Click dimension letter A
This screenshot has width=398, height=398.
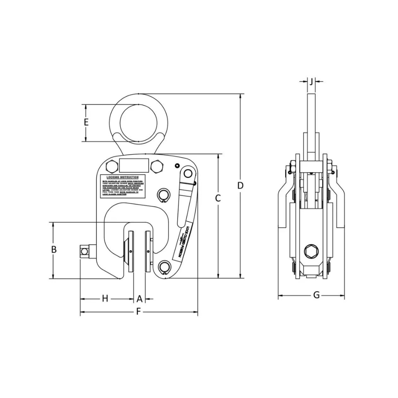[x=139, y=298]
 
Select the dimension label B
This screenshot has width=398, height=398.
[x=54, y=250]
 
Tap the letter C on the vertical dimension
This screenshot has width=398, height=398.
[x=218, y=198]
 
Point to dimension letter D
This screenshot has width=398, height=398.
[x=240, y=185]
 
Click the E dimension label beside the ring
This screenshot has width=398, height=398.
[x=86, y=123]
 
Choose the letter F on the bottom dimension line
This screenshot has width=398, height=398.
[x=139, y=312]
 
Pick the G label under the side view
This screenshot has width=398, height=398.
[x=316, y=295]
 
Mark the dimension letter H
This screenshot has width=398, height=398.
[x=105, y=298]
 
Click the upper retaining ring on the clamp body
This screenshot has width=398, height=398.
[x=164, y=195]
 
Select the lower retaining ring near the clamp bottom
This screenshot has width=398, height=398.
[x=164, y=267]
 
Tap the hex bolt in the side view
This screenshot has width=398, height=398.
[x=311, y=252]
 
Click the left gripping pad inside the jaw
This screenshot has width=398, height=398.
[x=130, y=252]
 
